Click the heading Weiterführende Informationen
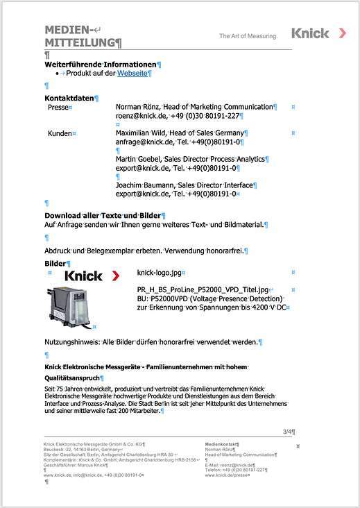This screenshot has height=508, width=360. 101,64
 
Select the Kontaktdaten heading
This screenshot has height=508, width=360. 69,99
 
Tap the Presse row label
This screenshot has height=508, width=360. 58,108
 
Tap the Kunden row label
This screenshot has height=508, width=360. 60,133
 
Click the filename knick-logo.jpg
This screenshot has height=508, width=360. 160,273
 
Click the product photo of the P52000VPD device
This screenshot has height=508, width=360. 69,307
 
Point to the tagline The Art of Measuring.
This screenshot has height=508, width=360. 248,35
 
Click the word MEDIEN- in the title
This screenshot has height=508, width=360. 69,30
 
